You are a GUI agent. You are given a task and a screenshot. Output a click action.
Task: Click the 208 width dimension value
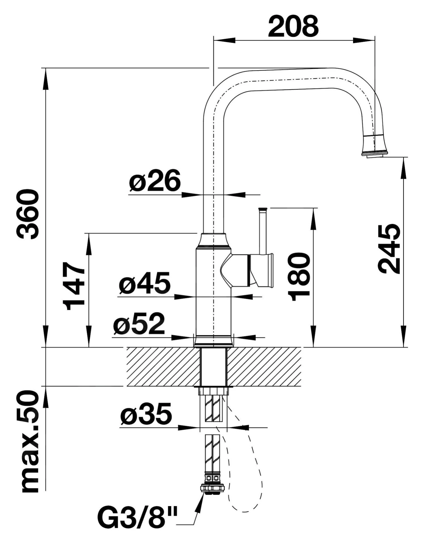(x=293, y=26)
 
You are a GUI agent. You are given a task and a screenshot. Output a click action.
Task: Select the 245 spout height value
(x=389, y=249)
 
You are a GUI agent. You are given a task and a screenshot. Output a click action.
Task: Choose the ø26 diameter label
(x=155, y=180)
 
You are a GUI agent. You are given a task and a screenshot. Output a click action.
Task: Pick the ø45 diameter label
(x=145, y=283)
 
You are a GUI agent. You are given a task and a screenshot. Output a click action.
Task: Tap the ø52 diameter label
(x=139, y=323)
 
